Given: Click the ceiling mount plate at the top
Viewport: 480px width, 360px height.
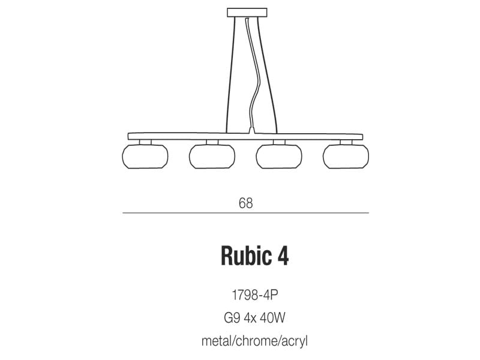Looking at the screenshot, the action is pyautogui.click(x=247, y=13).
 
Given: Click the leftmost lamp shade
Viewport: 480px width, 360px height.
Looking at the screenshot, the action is pyautogui.click(x=145, y=157).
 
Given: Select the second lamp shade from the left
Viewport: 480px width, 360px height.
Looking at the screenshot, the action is pyautogui.click(x=212, y=157).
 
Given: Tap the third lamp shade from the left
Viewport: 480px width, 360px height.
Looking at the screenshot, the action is pyautogui.click(x=279, y=157).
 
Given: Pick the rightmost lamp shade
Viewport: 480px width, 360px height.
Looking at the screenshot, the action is pyautogui.click(x=346, y=157).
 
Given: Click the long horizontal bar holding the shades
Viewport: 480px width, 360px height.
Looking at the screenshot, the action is pyautogui.click(x=245, y=137).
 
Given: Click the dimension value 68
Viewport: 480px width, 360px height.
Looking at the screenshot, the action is pyautogui.click(x=246, y=203).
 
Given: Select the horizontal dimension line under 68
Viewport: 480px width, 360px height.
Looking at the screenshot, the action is pyautogui.click(x=245, y=213).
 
